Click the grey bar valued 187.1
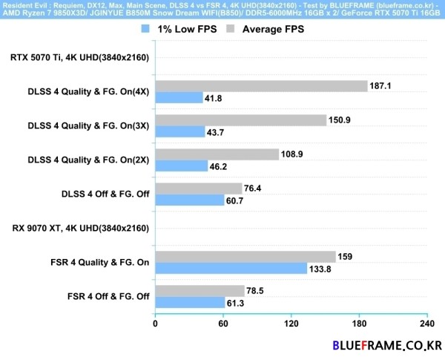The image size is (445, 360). (261, 86)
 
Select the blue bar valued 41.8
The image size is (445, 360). (179, 97)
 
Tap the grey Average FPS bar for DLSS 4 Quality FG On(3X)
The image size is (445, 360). (240, 120)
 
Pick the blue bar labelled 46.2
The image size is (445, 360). (181, 166)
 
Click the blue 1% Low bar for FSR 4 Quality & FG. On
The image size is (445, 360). (231, 268)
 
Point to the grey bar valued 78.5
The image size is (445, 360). (200, 290)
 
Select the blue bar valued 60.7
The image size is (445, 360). (189, 200)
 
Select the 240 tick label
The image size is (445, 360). (427, 324)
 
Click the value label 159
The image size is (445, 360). (346, 257)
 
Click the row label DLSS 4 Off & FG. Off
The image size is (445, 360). (105, 194)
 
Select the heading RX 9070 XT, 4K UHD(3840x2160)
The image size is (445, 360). (81, 228)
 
